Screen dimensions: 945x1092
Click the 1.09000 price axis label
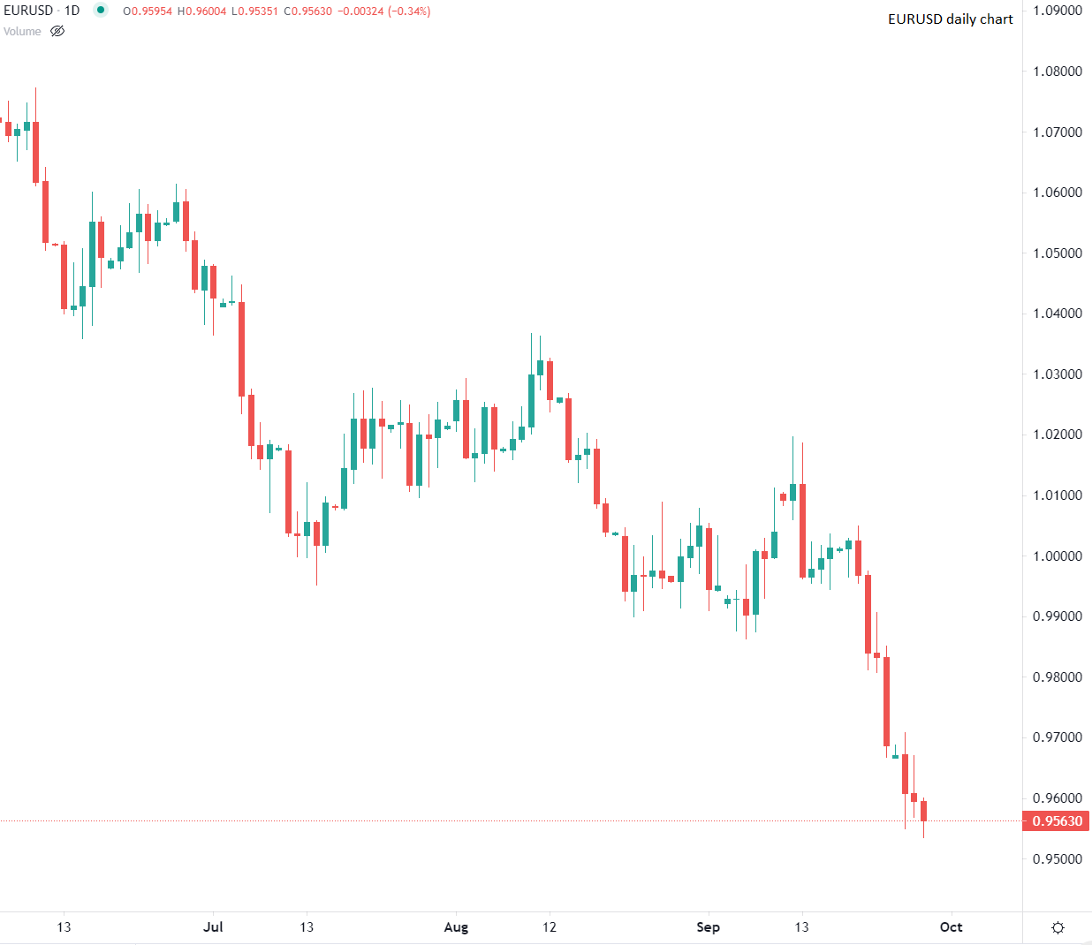click(1058, 11)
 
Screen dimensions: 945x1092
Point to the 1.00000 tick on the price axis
click(1058, 556)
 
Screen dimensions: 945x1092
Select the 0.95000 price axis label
click(1058, 858)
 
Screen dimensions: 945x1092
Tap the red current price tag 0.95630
click(1057, 821)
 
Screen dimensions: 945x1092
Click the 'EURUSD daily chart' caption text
click(950, 19)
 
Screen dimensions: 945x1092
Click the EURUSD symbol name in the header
click(29, 11)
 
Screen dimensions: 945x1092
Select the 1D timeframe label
click(72, 11)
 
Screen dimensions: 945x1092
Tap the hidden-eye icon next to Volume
click(57, 32)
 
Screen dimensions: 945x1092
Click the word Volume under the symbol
click(22, 32)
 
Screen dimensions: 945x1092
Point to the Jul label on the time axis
click(213, 927)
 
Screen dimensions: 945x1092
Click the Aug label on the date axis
click(456, 927)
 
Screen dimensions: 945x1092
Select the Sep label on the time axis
click(708, 927)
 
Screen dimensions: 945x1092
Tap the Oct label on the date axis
click(951, 927)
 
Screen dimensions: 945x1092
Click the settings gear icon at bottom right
click(1058, 927)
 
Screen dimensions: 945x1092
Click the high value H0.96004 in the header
click(202, 11)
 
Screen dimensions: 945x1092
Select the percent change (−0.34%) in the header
click(406, 11)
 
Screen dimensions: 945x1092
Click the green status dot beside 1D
click(101, 11)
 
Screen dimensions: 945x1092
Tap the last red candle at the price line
click(923, 811)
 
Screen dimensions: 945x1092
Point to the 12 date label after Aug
click(550, 927)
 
